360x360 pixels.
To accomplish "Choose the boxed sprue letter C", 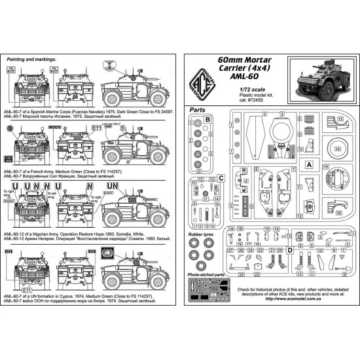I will (x=222, y=177).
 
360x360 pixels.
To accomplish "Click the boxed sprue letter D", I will (x=289, y=250).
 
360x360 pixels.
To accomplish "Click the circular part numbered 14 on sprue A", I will (x=337, y=149).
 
